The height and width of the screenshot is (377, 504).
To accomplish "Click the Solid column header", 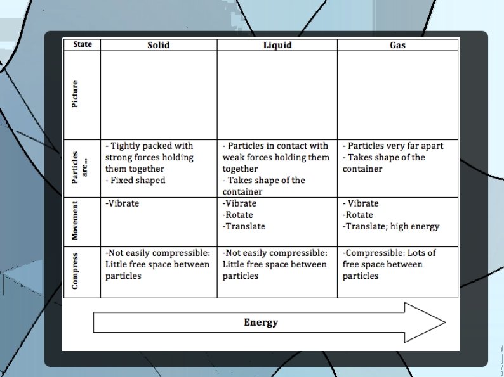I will point(158,45).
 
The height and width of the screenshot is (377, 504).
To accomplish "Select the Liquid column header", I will point(277,45).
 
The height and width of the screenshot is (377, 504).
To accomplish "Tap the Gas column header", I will point(397,45).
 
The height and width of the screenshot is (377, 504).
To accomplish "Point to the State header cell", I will point(82,44).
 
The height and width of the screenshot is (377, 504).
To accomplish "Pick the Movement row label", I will point(76,221).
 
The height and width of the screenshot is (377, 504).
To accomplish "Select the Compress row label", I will point(76,272).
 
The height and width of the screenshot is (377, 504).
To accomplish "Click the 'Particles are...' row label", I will point(79,168).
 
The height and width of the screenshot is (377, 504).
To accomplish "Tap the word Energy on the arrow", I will point(261,323).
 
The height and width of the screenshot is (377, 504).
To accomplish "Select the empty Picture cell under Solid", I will point(158,95).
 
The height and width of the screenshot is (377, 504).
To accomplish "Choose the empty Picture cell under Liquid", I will point(277,95).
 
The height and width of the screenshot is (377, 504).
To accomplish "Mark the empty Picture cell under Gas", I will point(397,95).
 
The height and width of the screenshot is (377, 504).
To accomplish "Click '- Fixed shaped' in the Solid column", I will point(135,181).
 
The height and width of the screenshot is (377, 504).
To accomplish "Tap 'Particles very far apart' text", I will point(395,146).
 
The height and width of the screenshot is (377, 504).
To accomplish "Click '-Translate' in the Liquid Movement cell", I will point(244,226).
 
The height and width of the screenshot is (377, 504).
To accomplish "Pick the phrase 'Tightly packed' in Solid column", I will point(140,146).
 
